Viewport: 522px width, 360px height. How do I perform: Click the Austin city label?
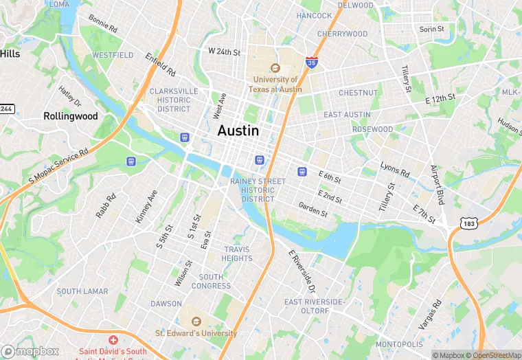click(238, 131)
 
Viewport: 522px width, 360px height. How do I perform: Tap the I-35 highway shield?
click(312, 63)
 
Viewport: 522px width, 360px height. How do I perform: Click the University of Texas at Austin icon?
click(275, 69)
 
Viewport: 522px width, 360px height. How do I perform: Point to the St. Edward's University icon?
click(196, 321)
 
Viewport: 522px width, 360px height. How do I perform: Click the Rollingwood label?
click(71, 116)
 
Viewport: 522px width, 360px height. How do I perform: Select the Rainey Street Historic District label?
click(258, 190)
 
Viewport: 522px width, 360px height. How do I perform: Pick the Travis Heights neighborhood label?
click(237, 254)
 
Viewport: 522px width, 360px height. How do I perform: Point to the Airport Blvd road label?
click(438, 184)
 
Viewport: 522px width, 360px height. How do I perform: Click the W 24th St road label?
click(225, 52)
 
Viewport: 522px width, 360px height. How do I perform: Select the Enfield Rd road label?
click(161, 64)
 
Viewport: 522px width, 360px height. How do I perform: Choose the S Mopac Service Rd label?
click(59, 167)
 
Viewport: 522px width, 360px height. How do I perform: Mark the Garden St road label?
click(313, 209)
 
